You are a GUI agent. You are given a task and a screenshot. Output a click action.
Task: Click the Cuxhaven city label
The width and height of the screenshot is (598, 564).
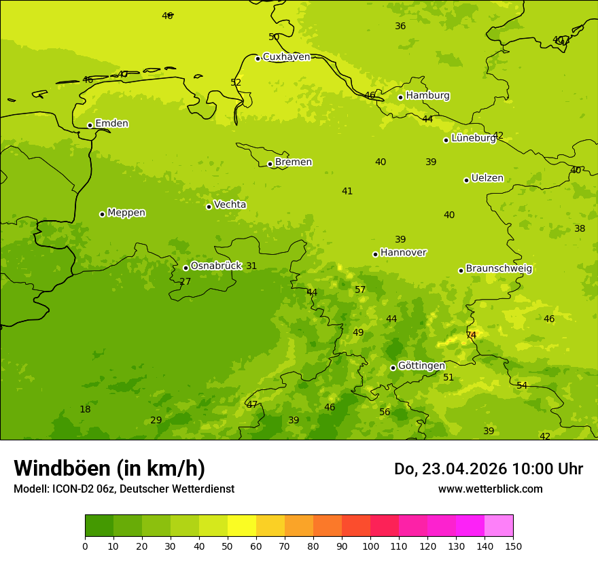click(286, 57)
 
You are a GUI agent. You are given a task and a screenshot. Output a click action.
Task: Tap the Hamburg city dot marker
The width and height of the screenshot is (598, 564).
click(400, 97)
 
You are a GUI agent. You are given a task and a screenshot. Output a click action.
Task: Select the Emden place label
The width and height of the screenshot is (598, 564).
click(111, 124)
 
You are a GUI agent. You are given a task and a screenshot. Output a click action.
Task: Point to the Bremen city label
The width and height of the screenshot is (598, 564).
click(293, 162)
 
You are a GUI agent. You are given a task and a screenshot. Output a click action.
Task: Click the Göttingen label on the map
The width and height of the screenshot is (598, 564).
click(421, 366)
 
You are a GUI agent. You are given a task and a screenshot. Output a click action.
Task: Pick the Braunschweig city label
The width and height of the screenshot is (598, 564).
click(499, 269)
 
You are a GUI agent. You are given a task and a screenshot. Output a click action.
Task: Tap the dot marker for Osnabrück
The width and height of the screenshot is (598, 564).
click(186, 268)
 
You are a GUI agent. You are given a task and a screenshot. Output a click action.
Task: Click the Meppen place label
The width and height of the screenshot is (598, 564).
click(126, 213)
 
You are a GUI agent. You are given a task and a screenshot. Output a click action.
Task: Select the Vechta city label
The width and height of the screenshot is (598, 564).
click(230, 205)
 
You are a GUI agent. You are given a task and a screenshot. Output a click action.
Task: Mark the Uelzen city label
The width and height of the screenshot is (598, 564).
click(487, 179)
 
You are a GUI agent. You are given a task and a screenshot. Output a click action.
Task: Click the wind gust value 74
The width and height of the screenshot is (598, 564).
click(471, 336)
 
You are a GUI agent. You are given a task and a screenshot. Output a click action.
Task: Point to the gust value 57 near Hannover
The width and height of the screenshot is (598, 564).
click(360, 290)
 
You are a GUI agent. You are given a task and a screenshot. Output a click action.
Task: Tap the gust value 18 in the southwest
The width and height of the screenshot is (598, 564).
click(85, 410)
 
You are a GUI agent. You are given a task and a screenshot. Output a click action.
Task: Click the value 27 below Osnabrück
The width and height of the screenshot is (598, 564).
click(185, 282)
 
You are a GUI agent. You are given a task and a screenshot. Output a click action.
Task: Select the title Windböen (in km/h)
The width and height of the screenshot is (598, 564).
click(109, 468)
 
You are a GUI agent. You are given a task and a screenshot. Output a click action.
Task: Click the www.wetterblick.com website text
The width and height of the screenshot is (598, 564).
click(490, 489)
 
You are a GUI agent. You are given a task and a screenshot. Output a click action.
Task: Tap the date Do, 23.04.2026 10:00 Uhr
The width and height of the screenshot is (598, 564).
click(488, 469)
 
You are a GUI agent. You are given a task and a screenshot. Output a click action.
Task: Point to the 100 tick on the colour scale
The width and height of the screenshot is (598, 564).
click(370, 546)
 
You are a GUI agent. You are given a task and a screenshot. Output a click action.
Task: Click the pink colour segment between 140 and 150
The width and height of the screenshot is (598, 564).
click(499, 525)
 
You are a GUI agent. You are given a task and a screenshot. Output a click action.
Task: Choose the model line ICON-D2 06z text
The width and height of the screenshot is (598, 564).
click(124, 489)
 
